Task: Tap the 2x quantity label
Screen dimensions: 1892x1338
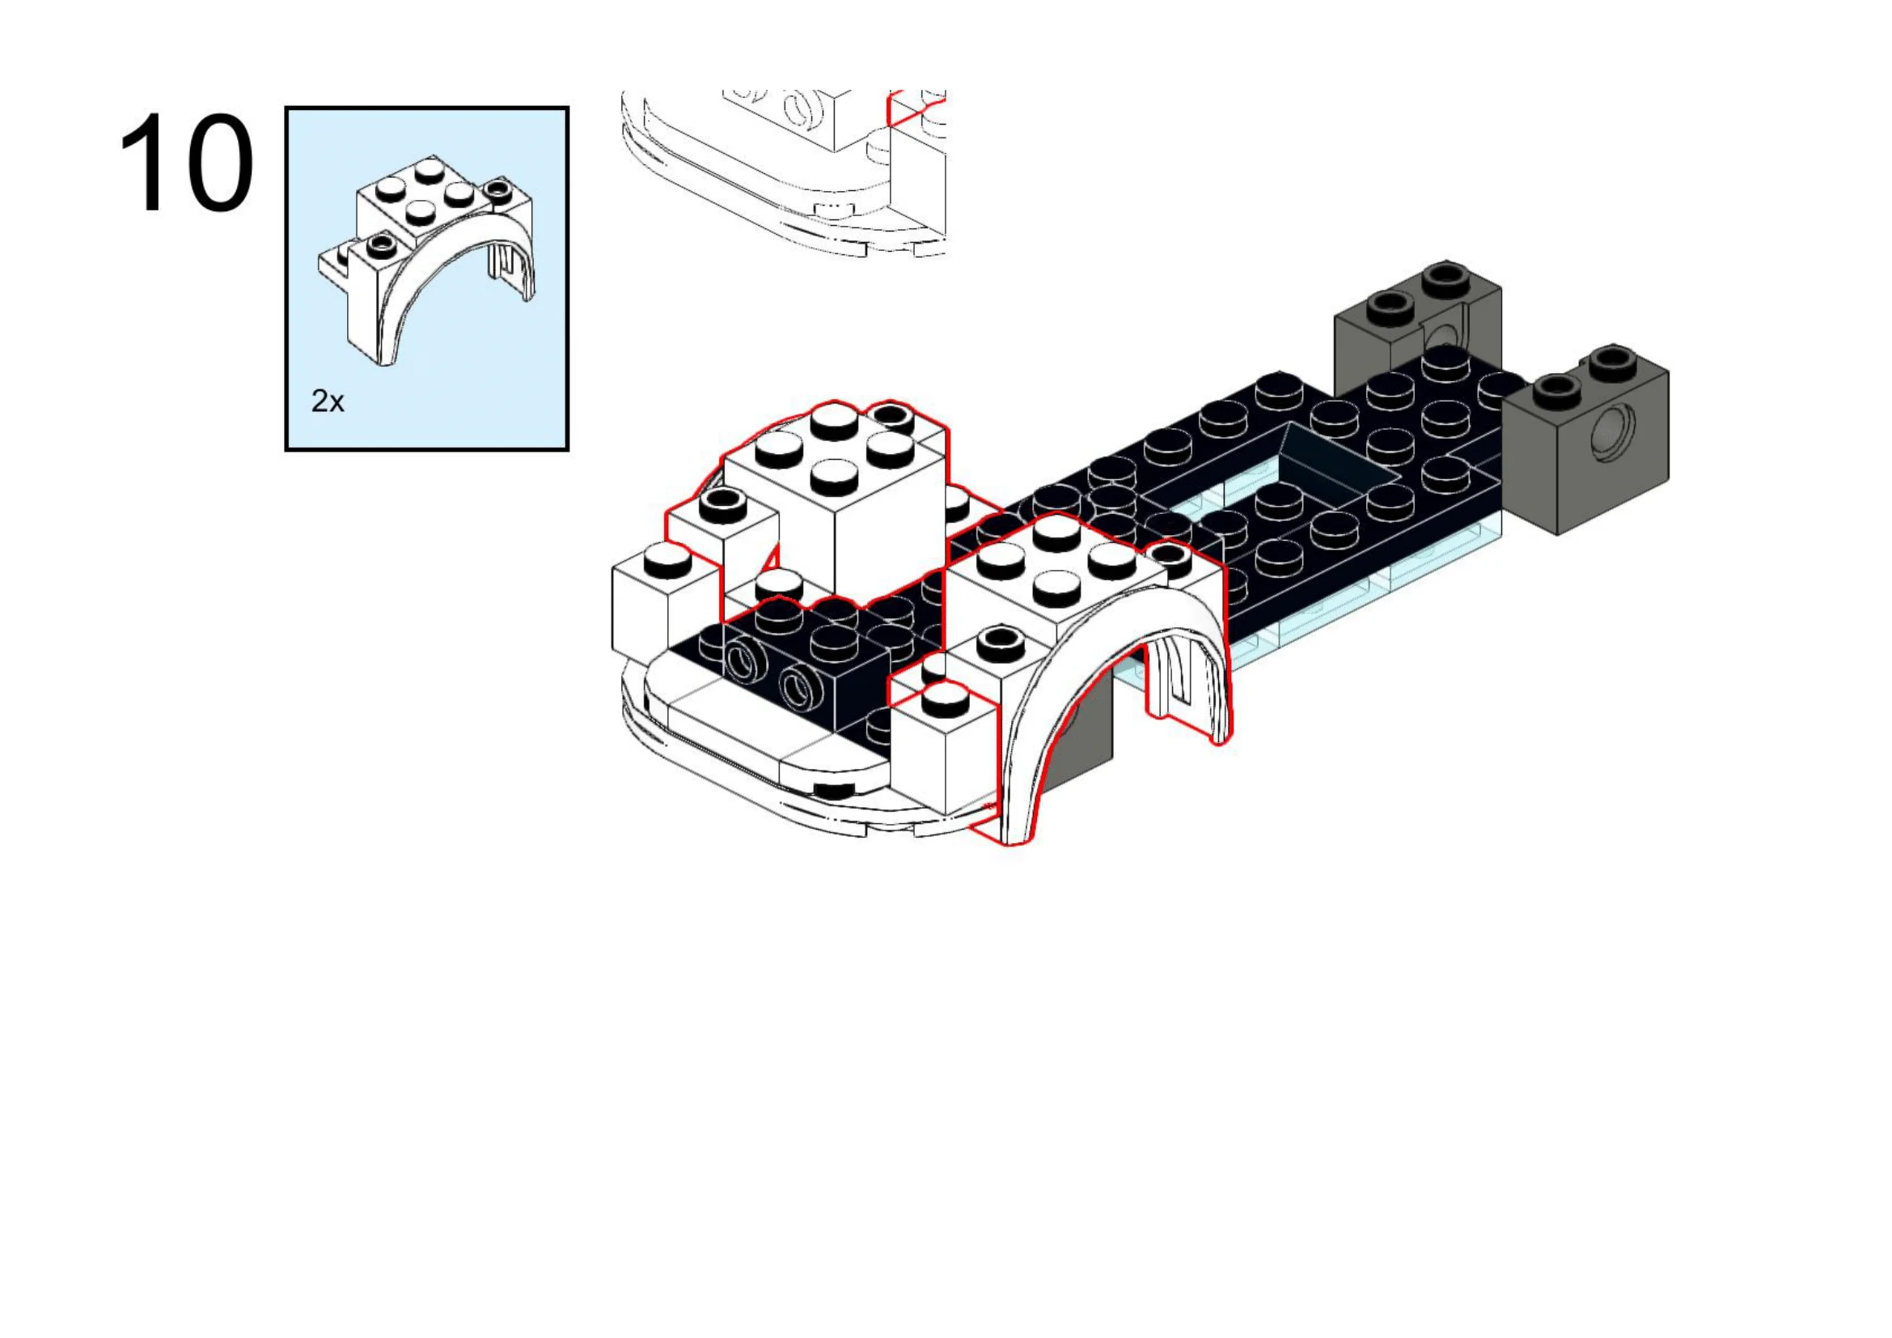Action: (327, 401)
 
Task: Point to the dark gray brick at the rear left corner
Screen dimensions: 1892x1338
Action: (1401, 329)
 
